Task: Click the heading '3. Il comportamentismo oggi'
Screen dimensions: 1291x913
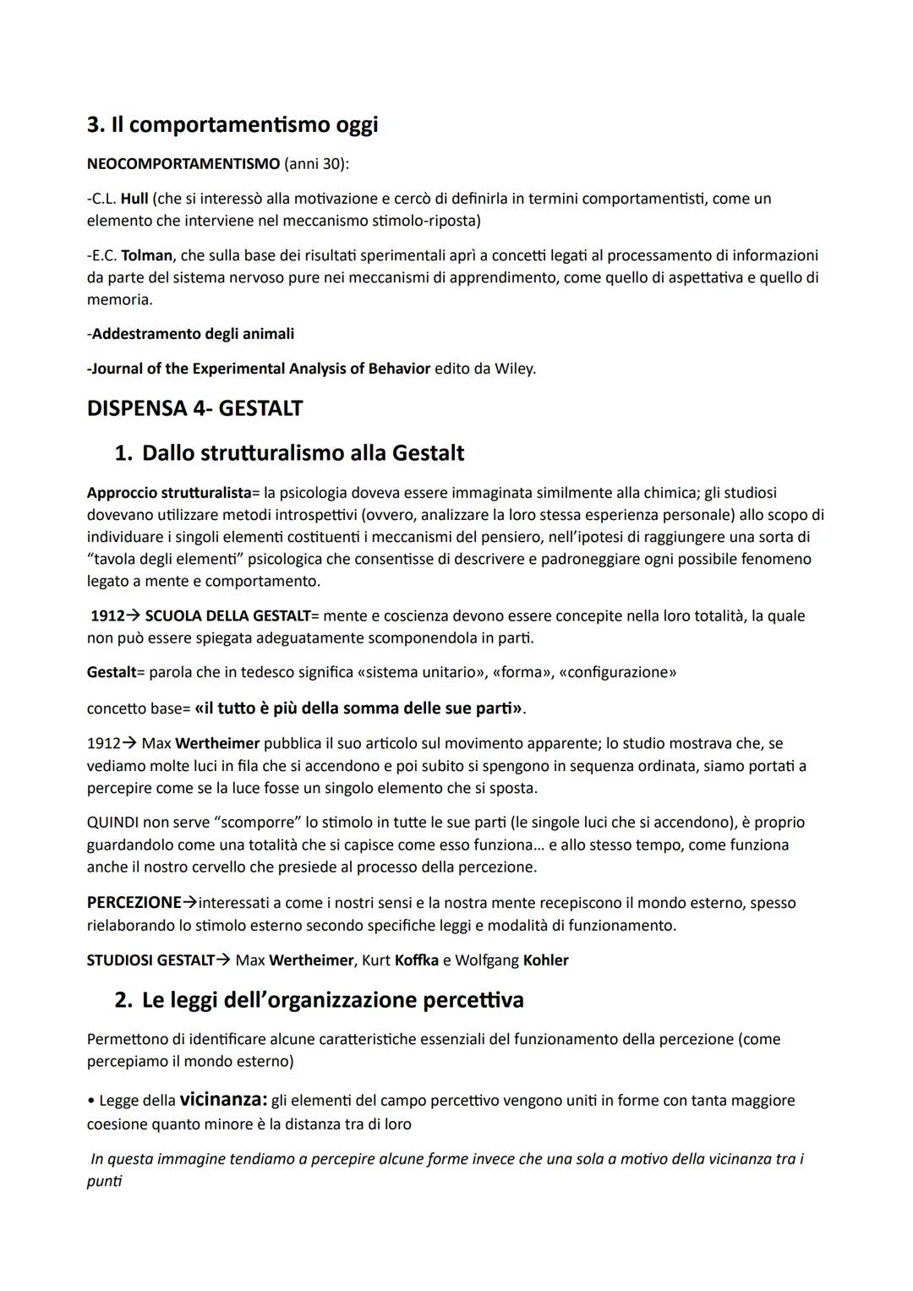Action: (x=232, y=125)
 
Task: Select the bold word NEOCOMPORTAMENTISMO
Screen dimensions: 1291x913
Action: (x=183, y=163)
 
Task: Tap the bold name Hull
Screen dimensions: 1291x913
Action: (x=134, y=199)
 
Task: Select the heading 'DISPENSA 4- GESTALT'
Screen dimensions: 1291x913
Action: (x=194, y=408)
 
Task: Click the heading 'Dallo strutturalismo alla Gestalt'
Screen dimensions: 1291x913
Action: (x=303, y=453)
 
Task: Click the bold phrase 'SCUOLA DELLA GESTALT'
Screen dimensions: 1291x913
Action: (x=227, y=616)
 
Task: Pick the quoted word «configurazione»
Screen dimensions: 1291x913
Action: (x=617, y=673)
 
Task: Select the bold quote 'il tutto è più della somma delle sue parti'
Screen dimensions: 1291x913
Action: (x=358, y=708)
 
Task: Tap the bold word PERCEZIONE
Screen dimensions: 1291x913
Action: (x=134, y=903)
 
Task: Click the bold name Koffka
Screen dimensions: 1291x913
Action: (x=416, y=960)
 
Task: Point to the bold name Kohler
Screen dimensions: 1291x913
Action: (x=545, y=960)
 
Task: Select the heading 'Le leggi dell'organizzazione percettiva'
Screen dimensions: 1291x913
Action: (x=332, y=1000)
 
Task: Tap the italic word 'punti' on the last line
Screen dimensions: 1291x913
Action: (x=104, y=1181)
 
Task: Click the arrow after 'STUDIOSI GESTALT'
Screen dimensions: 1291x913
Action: (x=223, y=960)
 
